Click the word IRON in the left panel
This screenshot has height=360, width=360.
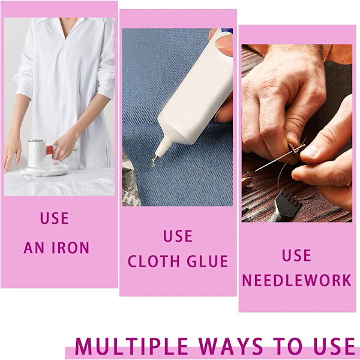pos(70,247)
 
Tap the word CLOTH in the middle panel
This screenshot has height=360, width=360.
pos(154,261)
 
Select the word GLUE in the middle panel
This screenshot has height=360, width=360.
pos(208,261)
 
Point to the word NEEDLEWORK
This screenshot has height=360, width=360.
pos(297,280)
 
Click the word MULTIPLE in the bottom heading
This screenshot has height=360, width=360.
pos(131,346)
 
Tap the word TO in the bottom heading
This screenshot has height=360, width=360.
pos(288,346)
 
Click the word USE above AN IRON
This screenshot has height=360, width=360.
pos(55,218)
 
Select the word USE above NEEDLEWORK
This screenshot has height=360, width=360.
pos(296,256)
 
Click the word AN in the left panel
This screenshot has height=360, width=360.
pos(34,247)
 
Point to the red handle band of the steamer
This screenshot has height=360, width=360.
pos(50,149)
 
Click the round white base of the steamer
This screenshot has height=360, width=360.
pos(46,170)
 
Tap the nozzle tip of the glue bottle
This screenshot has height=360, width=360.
pos(154,163)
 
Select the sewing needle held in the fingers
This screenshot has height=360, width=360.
pos(280,158)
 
